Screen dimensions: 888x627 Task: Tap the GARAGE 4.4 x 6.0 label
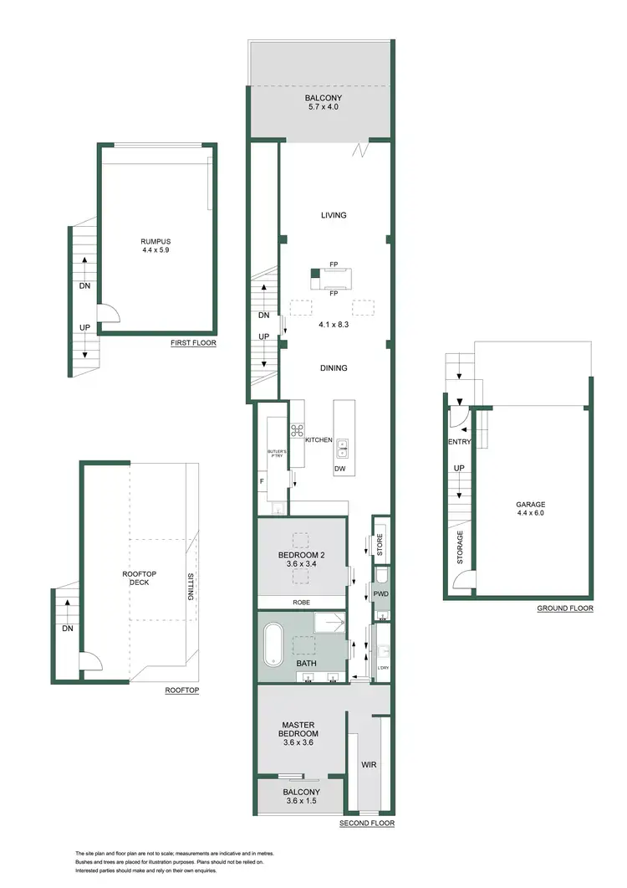click(x=530, y=508)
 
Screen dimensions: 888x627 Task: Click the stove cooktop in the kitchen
click(x=296, y=431)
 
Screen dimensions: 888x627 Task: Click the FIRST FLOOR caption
click(x=193, y=343)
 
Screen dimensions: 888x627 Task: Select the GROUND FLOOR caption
click(x=565, y=608)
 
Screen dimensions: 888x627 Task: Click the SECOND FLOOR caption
click(x=366, y=824)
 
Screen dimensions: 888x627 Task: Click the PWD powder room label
click(x=380, y=594)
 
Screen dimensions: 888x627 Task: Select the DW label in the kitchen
click(x=339, y=469)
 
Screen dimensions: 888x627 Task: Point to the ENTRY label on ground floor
click(x=460, y=442)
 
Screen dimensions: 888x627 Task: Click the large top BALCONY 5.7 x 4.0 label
click(x=324, y=103)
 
